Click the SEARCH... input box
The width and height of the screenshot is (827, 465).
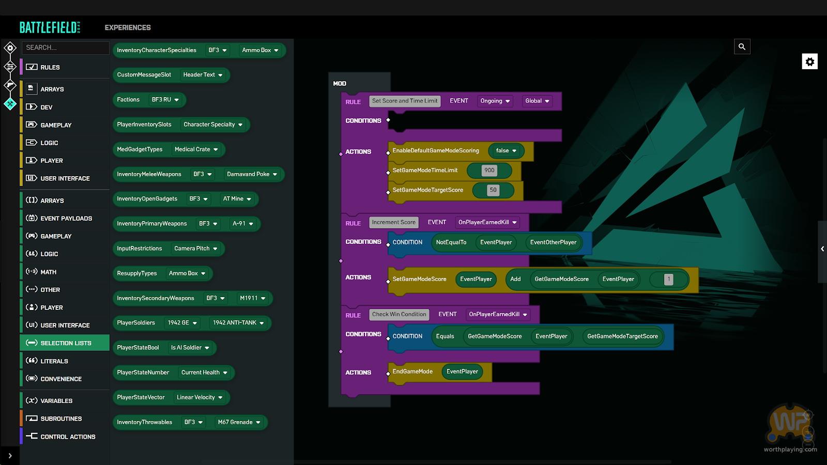pyautogui.click(x=65, y=48)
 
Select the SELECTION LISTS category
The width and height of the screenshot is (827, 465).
pyautogui.click(x=65, y=343)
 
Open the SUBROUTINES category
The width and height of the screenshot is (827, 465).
pyautogui.click(x=61, y=419)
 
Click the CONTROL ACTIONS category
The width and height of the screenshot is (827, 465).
pyautogui.click(x=68, y=437)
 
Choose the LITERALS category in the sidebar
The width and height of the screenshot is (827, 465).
pyautogui.click(x=54, y=361)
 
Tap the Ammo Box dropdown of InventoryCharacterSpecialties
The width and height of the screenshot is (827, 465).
pyautogui.click(x=261, y=50)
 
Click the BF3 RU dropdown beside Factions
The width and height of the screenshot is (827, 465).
pyautogui.click(x=165, y=100)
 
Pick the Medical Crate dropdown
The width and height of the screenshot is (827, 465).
pyautogui.click(x=196, y=149)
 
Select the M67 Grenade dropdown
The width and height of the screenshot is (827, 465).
pyautogui.click(x=239, y=422)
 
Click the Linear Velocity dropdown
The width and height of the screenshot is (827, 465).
pyautogui.click(x=200, y=397)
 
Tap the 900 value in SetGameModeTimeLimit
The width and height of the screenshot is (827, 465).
pyautogui.click(x=489, y=170)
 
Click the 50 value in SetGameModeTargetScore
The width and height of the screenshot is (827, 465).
pyautogui.click(x=493, y=190)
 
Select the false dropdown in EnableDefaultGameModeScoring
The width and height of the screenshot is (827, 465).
pyautogui.click(x=506, y=150)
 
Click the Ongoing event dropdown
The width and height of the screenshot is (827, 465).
pyautogui.click(x=495, y=101)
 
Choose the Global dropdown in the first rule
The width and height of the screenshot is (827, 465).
pyautogui.click(x=537, y=101)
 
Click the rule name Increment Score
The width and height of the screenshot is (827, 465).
pyautogui.click(x=393, y=222)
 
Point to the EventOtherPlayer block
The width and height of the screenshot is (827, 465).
pyautogui.click(x=553, y=242)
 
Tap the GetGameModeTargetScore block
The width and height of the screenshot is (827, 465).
pyautogui.click(x=622, y=336)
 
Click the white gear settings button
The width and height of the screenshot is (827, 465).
pyautogui.click(x=809, y=61)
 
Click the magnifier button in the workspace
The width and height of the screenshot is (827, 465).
pyautogui.click(x=742, y=47)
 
